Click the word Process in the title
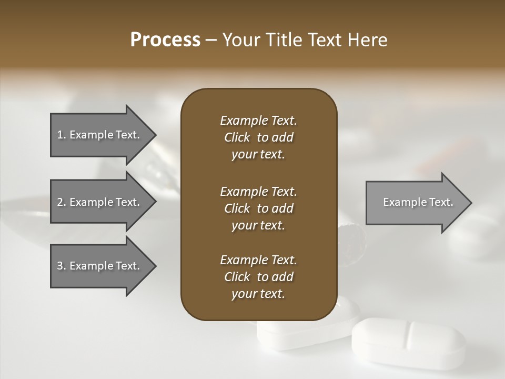coord(165,40)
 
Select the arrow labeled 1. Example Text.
coord(100,135)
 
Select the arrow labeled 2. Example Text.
coord(100,202)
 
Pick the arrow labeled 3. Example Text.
coord(100,266)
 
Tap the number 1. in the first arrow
coord(61,135)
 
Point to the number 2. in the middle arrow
coord(61,202)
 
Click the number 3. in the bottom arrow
coord(61,266)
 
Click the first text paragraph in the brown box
coord(258,137)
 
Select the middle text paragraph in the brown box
coord(258,208)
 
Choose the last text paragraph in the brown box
coord(258,277)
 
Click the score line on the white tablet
coord(408,334)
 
